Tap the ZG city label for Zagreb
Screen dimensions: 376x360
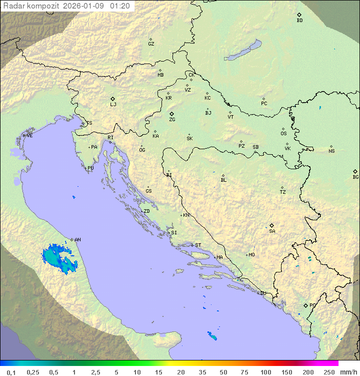(x=172, y=120)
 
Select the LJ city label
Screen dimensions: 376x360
(x=113, y=105)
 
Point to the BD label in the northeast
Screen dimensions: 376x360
(x=299, y=21)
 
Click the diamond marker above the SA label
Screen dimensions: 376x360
(x=271, y=225)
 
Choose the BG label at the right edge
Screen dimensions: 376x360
(x=355, y=177)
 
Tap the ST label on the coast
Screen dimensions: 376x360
(x=198, y=245)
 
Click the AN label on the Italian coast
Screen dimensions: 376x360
(x=77, y=240)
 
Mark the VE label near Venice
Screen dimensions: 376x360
(x=29, y=136)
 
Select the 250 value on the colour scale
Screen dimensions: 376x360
(x=329, y=372)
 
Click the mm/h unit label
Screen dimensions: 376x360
(x=348, y=372)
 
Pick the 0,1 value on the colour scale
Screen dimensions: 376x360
(x=11, y=372)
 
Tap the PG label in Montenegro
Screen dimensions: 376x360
(x=312, y=305)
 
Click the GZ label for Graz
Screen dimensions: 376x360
(x=151, y=44)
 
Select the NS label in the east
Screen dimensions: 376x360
(x=331, y=151)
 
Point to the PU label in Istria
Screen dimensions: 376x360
(x=90, y=168)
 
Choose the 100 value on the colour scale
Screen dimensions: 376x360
(x=265, y=372)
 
